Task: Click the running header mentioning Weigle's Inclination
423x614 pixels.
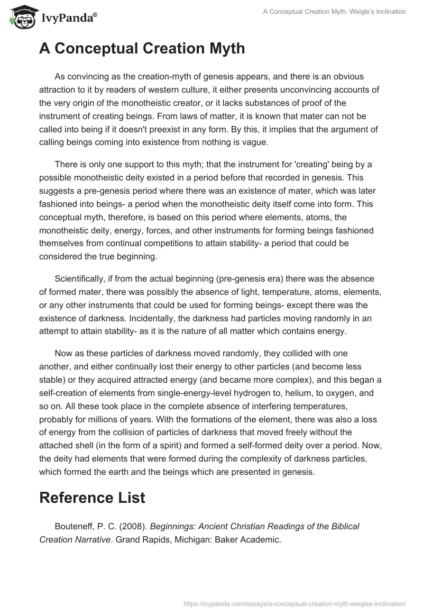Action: pyautogui.click(x=334, y=12)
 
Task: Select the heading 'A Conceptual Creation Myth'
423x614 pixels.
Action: pyautogui.click(x=142, y=49)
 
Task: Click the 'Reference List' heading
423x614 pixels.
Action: pyautogui.click(x=93, y=497)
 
